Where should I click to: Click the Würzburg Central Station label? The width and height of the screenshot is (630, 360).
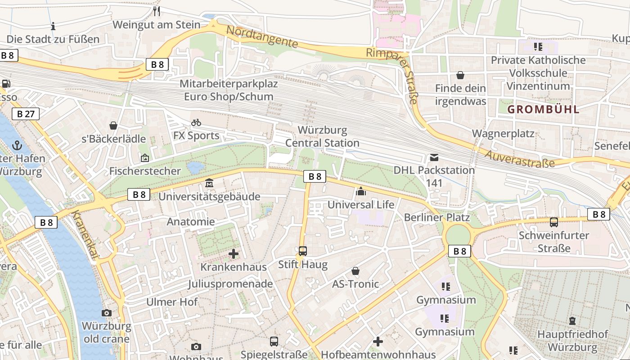click(x=322, y=137)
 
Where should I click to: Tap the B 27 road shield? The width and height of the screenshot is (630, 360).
click(x=26, y=114)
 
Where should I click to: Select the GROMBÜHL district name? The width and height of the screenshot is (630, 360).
click(x=543, y=109)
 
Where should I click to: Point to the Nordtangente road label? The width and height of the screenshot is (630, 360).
click(x=262, y=37)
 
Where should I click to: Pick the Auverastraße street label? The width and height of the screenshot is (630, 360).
click(x=520, y=158)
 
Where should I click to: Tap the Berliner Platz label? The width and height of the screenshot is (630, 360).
click(x=436, y=217)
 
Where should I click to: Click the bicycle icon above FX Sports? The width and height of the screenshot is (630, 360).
click(x=196, y=122)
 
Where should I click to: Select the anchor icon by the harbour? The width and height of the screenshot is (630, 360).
click(x=17, y=145)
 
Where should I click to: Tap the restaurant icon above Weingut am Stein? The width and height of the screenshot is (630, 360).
click(x=157, y=11)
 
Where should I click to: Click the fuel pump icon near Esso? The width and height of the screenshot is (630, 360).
click(x=6, y=84)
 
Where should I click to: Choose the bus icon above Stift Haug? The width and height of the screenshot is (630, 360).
click(x=303, y=251)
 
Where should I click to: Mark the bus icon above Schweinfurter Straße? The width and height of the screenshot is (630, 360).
click(x=554, y=222)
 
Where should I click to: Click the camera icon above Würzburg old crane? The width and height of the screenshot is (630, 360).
click(x=107, y=313)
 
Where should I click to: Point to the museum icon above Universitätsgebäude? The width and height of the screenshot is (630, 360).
click(x=209, y=184)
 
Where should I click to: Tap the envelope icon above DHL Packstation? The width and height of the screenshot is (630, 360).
click(x=434, y=157)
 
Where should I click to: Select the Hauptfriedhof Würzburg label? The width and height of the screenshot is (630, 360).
click(x=572, y=341)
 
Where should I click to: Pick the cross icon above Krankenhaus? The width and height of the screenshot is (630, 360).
click(x=234, y=254)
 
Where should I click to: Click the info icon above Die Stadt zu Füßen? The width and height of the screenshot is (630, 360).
click(x=53, y=26)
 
